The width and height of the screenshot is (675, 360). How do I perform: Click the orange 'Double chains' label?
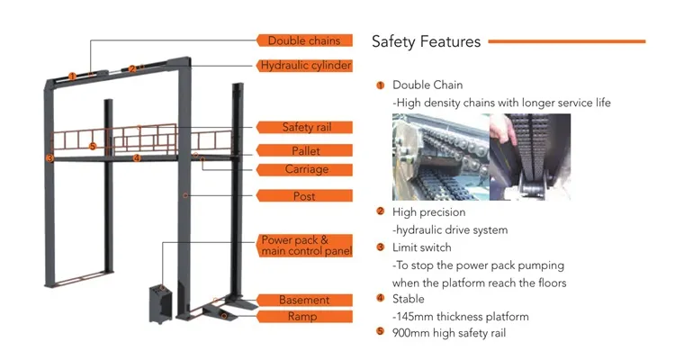pos(303,40)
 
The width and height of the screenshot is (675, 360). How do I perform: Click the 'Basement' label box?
pos(304,300)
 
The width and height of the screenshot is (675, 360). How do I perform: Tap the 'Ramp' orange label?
pos(304,317)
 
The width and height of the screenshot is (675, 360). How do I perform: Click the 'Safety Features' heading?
pos(426,40)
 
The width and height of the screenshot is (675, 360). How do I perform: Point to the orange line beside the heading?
pos(566,40)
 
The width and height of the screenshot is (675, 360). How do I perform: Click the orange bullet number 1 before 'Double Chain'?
pos(381,85)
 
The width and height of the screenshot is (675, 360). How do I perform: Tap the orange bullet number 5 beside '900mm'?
pos(381,333)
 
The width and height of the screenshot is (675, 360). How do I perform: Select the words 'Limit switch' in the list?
pos(422,247)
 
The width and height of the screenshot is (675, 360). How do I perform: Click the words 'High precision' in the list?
pos(429,212)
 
